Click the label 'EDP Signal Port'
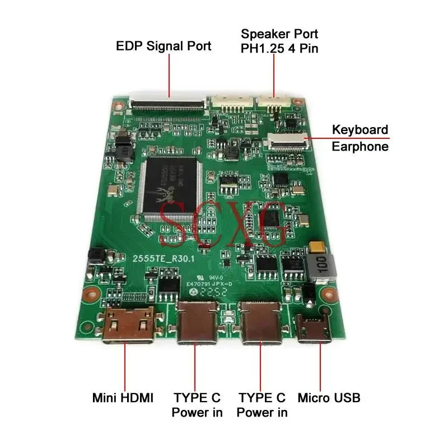[x=164, y=46]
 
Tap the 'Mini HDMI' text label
[x=123, y=398]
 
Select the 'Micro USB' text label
[x=329, y=398]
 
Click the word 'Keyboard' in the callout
[x=360, y=130]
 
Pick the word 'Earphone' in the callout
[x=360, y=147]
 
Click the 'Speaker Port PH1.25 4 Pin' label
[x=279, y=40]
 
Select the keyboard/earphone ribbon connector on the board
[x=288, y=141]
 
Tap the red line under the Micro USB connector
[x=321, y=367]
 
